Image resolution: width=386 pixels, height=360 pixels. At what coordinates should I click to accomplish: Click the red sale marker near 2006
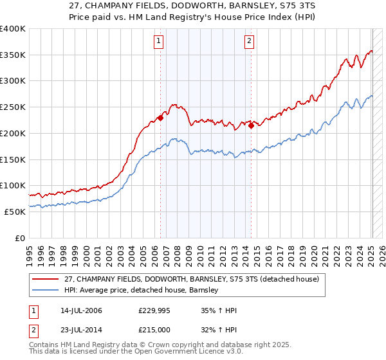tap(160, 118)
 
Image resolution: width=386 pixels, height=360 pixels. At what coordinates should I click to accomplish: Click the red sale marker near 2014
tap(251, 125)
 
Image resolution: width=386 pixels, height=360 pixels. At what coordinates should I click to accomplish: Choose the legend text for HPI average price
tap(142, 290)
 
